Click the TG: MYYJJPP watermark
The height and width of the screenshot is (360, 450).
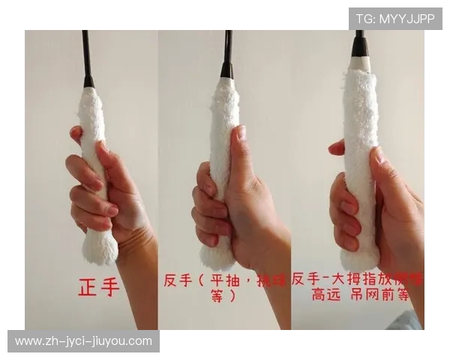coord(395,18)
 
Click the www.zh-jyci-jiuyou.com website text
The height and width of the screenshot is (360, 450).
coord(83,341)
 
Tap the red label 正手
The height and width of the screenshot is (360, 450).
coord(98,286)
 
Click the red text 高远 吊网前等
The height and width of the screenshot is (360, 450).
coord(360,295)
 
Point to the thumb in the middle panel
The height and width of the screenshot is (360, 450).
coord(241,150)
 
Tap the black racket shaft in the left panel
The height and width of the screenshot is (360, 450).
coord(86,56)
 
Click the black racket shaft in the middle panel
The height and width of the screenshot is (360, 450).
coord(227,52)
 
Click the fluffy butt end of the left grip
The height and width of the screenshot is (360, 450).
coord(100,247)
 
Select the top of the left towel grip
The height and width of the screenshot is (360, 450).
coord(91,94)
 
